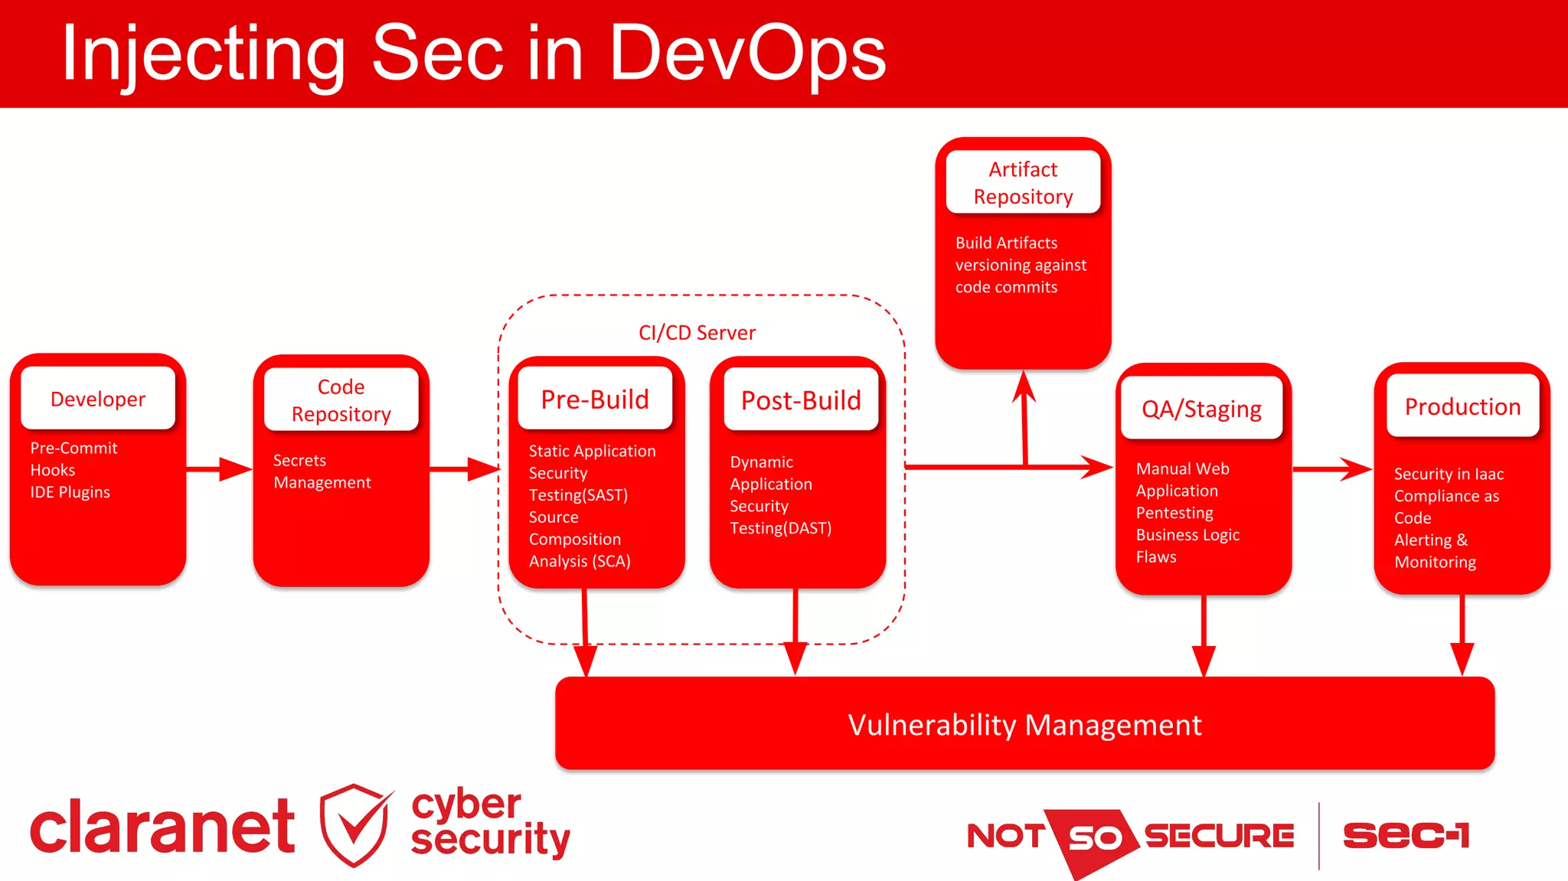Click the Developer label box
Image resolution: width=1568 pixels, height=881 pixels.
[98, 399]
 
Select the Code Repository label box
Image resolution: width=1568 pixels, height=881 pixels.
[341, 400]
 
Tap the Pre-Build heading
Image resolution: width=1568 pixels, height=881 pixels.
[595, 399]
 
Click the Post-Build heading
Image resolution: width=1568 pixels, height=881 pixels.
[801, 400]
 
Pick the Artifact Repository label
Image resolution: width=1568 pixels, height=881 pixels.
[1023, 182]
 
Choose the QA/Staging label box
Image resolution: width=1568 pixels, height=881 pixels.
[1201, 409]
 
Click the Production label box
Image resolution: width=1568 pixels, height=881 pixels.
[1462, 406]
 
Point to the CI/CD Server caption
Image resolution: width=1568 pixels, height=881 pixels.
[697, 332]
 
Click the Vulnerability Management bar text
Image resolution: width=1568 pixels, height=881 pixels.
[1024, 725]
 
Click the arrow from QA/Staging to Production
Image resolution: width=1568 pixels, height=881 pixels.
[1332, 468]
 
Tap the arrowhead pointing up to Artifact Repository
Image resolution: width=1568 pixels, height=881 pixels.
[1024, 387]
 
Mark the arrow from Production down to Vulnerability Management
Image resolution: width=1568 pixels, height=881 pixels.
[1462, 635]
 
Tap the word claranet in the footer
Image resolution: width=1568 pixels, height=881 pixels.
[162, 827]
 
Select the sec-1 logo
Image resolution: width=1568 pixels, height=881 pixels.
[1406, 835]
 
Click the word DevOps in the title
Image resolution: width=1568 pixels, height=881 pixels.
[746, 54]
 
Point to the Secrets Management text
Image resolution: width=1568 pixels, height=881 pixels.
[322, 471]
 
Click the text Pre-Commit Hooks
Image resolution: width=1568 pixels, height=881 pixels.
[73, 458]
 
